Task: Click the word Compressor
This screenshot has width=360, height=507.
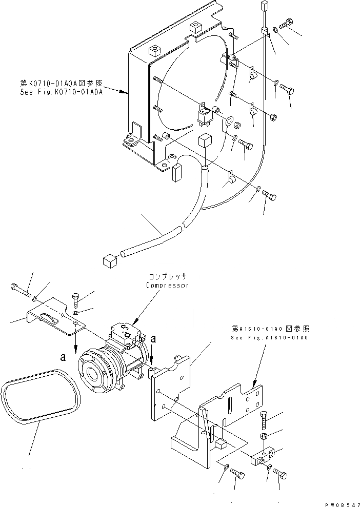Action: pos(167,285)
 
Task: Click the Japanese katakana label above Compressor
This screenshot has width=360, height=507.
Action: pos(167,276)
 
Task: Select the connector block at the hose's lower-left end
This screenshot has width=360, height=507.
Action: pos(110,261)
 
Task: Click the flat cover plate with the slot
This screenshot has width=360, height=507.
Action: pos(51,315)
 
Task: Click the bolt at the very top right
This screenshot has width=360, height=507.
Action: pos(287,23)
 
